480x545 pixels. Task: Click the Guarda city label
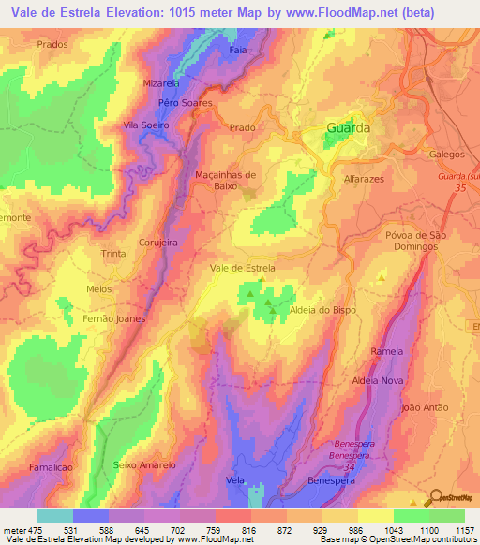[x=348, y=127]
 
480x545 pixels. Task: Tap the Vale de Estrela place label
[x=242, y=268]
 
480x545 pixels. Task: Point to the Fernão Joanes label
[x=112, y=320]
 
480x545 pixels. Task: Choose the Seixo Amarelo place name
[x=144, y=464]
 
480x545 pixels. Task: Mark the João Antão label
[x=425, y=408]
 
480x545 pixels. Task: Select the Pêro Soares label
[x=186, y=103]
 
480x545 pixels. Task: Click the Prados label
[x=52, y=44]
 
